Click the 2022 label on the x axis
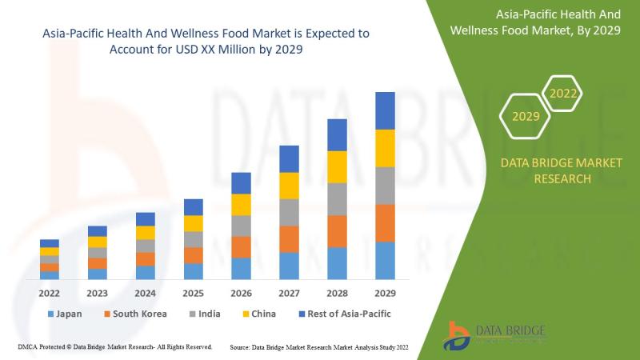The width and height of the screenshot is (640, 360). point(50,293)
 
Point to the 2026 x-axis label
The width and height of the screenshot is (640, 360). point(241,293)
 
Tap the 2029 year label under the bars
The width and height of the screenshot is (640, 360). point(385,293)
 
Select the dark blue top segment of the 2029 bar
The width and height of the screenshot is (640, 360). point(385,110)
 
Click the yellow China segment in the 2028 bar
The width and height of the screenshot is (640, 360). point(337,166)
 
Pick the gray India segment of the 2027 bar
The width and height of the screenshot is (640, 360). point(289,212)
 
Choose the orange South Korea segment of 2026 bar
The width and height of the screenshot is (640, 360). point(241,246)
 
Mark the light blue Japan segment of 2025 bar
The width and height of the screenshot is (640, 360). point(193,271)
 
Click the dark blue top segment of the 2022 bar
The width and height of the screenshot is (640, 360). point(50,243)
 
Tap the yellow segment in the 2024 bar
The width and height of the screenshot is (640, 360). point(145,233)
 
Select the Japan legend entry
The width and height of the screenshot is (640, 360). point(66,314)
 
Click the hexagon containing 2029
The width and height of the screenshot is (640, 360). point(526,117)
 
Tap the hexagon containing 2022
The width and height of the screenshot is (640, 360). point(563,94)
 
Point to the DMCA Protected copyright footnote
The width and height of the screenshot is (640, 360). point(114,347)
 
